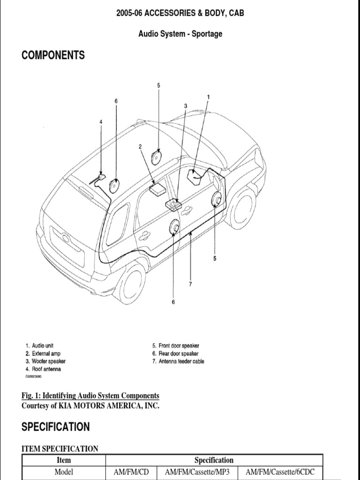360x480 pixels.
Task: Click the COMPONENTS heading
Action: click(53, 55)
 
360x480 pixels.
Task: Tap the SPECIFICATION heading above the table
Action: click(55, 427)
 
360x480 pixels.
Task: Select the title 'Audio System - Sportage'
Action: click(180, 34)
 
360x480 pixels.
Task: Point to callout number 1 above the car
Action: click(208, 97)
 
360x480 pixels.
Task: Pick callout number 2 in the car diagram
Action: click(140, 147)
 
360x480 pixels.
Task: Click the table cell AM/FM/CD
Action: click(131, 472)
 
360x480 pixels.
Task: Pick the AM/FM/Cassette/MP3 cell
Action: click(196, 472)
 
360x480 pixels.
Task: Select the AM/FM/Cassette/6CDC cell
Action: click(281, 472)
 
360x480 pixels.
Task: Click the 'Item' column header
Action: click(64, 460)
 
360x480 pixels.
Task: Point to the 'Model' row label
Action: click(64, 472)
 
